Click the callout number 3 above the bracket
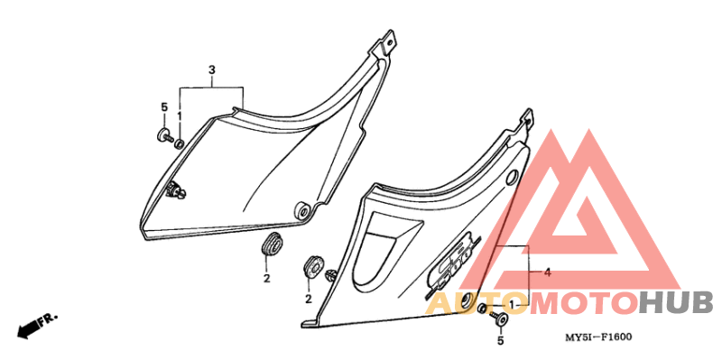click(x=212, y=70)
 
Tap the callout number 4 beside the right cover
click(x=547, y=272)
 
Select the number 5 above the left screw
click(x=164, y=107)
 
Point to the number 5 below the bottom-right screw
click(x=501, y=341)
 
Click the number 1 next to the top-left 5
click(x=180, y=115)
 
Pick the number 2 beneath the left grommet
click(x=266, y=278)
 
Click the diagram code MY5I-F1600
click(x=598, y=337)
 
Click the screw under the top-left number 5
click(x=165, y=136)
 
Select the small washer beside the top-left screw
click(x=179, y=144)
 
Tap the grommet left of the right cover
click(x=312, y=264)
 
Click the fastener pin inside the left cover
click(x=177, y=189)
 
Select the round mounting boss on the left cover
click(x=304, y=210)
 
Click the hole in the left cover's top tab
click(x=390, y=42)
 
